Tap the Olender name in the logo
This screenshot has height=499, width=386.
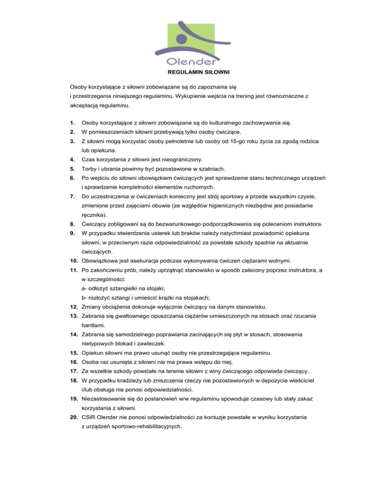(x=193, y=62)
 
